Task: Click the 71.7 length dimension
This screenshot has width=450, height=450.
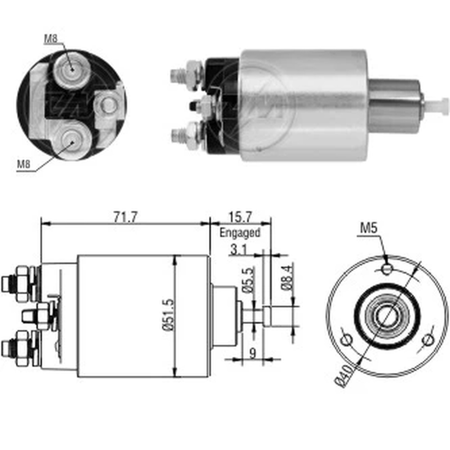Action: point(126,217)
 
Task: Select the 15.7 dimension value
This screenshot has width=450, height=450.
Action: point(240,217)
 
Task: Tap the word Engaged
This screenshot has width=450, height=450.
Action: point(240,233)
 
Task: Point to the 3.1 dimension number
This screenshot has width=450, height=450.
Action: point(238,250)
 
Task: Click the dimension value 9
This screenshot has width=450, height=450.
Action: point(252,353)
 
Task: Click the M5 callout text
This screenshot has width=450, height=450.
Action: point(369,228)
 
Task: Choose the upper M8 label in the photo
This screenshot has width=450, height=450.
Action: point(50,39)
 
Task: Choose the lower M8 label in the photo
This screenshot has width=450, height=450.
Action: point(23,164)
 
